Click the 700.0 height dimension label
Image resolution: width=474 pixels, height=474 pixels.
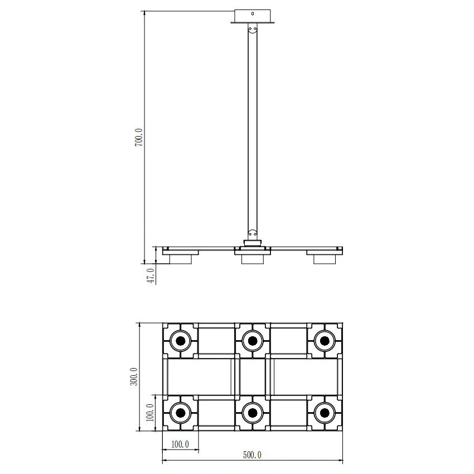[139, 138]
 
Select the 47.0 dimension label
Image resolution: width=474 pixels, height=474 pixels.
[152, 276]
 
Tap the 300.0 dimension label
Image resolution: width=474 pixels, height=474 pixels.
[134, 376]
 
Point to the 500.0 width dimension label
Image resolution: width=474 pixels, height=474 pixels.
[253, 455]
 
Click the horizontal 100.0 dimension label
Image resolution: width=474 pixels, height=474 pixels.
[180, 444]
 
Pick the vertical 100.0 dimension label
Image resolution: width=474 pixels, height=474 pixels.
[150, 413]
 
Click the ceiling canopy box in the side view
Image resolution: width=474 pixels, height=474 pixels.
[253, 16]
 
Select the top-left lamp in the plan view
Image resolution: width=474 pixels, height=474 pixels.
[181, 341]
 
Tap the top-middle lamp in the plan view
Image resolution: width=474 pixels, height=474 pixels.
[253, 341]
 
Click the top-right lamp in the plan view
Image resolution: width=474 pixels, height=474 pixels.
[325, 341]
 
